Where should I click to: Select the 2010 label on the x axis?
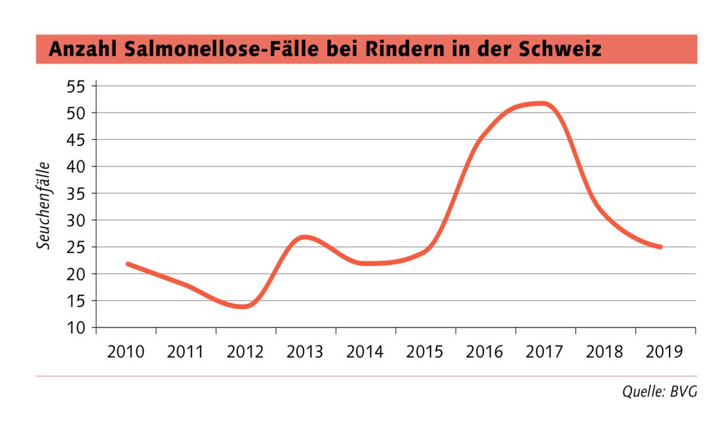click(125, 352)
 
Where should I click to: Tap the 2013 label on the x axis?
click(305, 352)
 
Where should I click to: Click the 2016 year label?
click(485, 352)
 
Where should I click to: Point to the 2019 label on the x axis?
click(664, 352)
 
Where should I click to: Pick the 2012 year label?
click(245, 352)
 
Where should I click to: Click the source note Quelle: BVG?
click(659, 392)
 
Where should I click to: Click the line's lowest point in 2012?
click(244, 307)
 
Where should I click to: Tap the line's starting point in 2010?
click(127, 264)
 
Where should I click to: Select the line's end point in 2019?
click(661, 247)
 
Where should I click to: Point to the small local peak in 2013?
click(304, 237)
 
